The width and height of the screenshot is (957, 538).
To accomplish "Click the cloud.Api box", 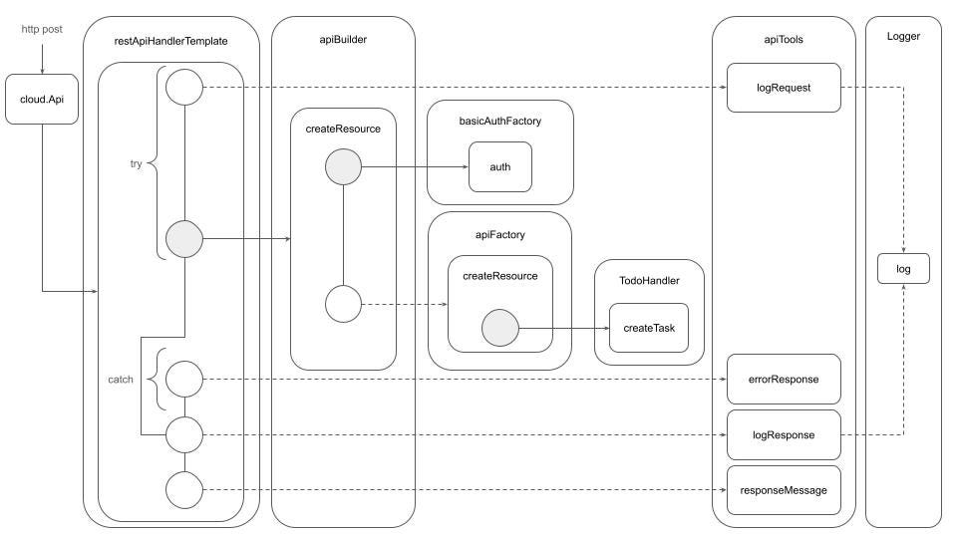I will [x=42, y=100].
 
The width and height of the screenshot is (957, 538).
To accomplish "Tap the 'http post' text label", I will [x=42, y=30].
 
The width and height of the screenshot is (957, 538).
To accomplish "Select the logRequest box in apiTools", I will [x=784, y=87].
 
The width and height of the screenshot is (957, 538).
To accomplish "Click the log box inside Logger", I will [x=903, y=269].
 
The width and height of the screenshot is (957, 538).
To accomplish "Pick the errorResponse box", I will [x=784, y=379].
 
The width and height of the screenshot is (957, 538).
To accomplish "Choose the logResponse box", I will [x=784, y=434].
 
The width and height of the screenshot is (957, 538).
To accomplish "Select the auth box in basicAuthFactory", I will [x=499, y=166].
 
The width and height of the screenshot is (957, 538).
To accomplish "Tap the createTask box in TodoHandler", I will [x=649, y=328].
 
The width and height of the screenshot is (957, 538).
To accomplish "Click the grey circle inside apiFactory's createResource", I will [x=499, y=328].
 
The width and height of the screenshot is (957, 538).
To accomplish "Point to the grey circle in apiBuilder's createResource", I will [x=343, y=166].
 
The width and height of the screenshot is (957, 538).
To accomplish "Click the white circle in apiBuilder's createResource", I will [x=343, y=303].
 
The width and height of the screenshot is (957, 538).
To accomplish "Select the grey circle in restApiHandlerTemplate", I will [x=184, y=239].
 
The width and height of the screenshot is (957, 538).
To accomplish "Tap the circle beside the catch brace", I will [x=184, y=379].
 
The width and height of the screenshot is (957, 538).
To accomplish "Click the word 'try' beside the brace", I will [x=136, y=163].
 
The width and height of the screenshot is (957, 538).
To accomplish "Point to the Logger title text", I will [x=902, y=36].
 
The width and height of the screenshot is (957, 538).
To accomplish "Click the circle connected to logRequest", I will [x=184, y=87].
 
